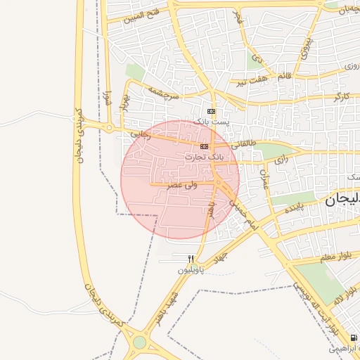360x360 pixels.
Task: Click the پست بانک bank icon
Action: [211, 112]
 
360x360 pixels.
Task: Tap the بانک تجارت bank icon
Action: [204, 146]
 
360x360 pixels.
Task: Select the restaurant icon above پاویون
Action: [191, 259]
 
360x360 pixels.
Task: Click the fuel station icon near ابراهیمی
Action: [353, 338]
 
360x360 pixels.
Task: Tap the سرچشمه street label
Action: [163, 92]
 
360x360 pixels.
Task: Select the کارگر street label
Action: [342, 95]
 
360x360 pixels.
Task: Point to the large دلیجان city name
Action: [342, 200]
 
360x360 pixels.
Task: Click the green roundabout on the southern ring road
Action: [139, 342]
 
